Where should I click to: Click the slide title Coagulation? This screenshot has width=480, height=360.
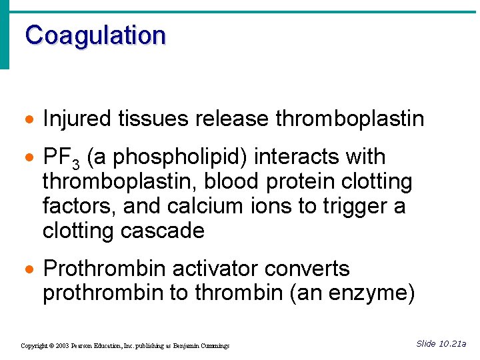[x=95, y=35]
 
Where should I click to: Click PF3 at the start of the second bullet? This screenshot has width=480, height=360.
[x=61, y=158]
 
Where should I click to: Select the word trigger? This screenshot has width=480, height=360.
[x=346, y=207]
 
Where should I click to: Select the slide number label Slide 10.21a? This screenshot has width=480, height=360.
[x=441, y=344]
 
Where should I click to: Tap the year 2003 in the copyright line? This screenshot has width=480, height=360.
[x=63, y=346]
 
